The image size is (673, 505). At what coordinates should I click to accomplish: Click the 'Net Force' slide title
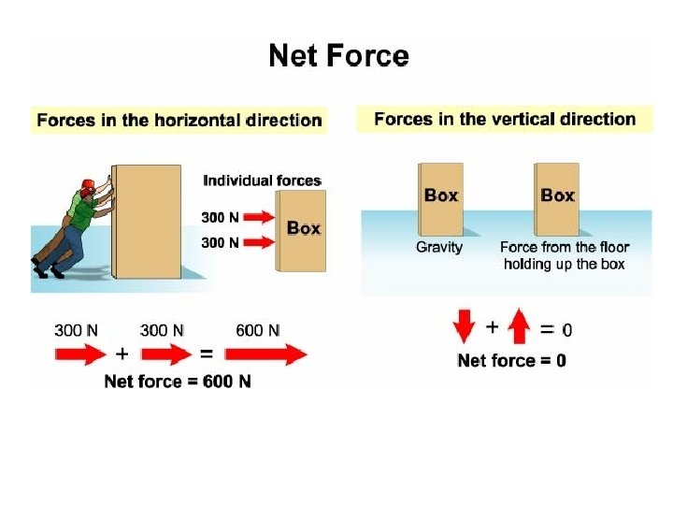click(338, 56)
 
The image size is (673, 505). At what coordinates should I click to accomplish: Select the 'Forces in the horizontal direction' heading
click(179, 121)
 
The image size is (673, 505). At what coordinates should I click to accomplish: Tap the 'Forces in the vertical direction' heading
click(505, 120)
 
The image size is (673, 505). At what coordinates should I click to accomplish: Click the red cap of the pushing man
click(88, 184)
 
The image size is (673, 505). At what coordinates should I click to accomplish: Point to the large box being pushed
click(147, 222)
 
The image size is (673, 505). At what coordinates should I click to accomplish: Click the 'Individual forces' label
click(262, 180)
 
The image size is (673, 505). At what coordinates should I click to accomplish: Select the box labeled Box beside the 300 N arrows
click(302, 229)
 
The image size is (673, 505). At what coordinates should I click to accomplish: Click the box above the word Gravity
click(441, 198)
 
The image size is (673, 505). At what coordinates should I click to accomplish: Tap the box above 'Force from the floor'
click(557, 198)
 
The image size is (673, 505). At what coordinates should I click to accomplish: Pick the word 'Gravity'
click(439, 248)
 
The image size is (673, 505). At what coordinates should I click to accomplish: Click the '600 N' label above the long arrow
click(257, 329)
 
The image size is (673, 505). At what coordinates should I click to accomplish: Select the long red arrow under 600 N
click(267, 354)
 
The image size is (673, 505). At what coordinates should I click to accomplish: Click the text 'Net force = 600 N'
click(177, 382)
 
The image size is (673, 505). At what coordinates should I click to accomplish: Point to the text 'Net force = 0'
click(511, 361)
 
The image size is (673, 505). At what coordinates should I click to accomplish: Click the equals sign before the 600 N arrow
click(207, 354)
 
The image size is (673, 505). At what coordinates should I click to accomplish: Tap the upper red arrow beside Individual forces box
click(262, 217)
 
